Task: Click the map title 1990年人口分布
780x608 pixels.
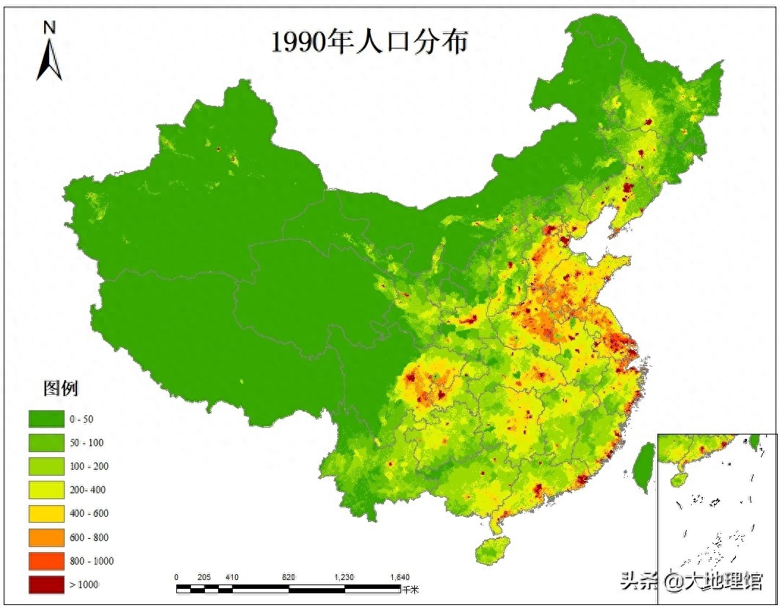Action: [369, 42]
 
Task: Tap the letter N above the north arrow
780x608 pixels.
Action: [50, 28]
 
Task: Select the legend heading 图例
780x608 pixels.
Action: [61, 388]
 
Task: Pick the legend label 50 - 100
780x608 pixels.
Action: [87, 443]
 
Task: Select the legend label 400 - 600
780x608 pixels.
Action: [89, 513]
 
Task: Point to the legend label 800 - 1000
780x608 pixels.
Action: [92, 560]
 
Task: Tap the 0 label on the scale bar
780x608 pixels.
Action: [176, 577]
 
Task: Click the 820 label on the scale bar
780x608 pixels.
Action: [289, 577]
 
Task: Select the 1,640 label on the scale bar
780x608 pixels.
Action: [400, 577]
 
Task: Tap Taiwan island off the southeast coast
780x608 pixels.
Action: [644, 468]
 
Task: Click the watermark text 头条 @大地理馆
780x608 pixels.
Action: [691, 581]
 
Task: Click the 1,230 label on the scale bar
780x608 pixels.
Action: [344, 577]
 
